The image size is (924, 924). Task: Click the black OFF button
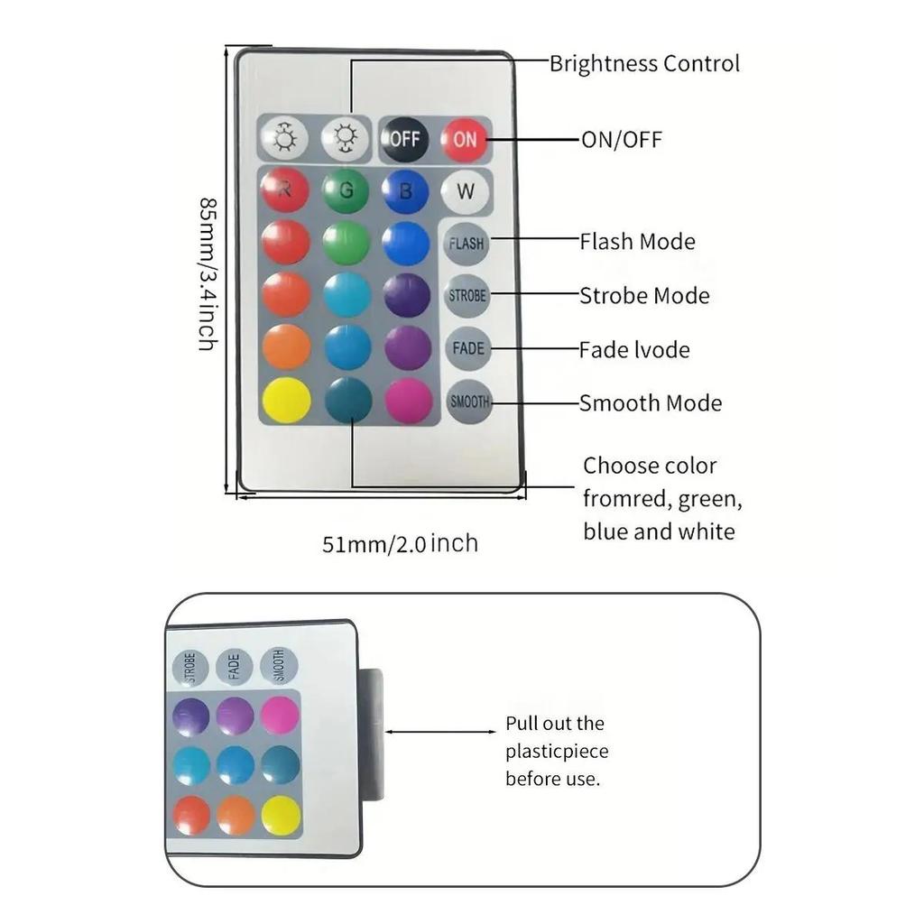pyautogui.click(x=403, y=139)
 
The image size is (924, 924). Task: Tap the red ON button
pyautogui.click(x=465, y=139)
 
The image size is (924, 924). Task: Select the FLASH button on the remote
pyautogui.click(x=467, y=243)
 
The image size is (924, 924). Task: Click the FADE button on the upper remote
pyautogui.click(x=468, y=348)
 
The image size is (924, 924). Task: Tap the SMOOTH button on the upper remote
pyautogui.click(x=469, y=402)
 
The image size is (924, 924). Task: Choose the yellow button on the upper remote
pyautogui.click(x=286, y=400)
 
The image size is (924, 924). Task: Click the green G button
pyautogui.click(x=346, y=190)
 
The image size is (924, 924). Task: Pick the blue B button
pyautogui.click(x=405, y=190)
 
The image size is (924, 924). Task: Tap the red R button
pyautogui.click(x=284, y=190)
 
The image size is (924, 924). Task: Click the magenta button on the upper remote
pyautogui.click(x=409, y=400)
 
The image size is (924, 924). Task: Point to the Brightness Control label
pyautogui.click(x=644, y=64)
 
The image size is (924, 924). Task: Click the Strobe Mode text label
pyautogui.click(x=644, y=296)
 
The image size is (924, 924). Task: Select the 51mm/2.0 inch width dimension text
pyautogui.click(x=400, y=544)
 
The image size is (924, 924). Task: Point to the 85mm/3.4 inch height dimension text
pyautogui.click(x=207, y=274)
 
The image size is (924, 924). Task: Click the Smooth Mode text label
pyautogui.click(x=651, y=403)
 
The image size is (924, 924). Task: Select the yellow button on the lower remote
pyautogui.click(x=281, y=816)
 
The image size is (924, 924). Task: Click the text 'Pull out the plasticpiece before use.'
pyautogui.click(x=556, y=751)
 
